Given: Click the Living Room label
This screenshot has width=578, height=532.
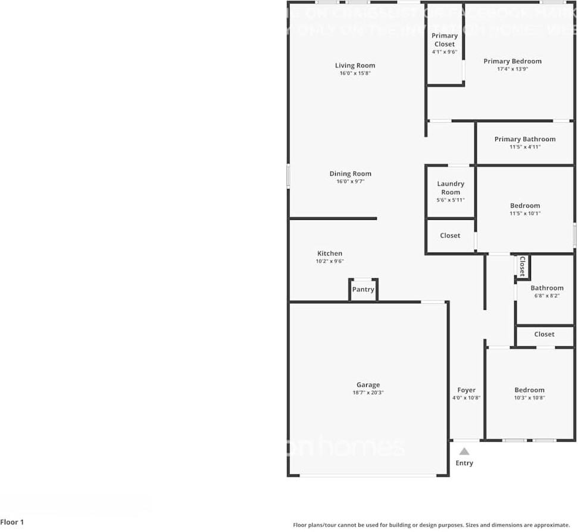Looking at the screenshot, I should pyautogui.click(x=355, y=66).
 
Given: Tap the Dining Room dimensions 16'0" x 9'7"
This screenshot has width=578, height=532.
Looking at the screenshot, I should pyautogui.click(x=350, y=182).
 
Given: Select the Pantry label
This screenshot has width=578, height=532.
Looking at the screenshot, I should pyautogui.click(x=363, y=290).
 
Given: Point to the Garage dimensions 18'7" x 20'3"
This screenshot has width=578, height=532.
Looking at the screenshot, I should pyautogui.click(x=368, y=393).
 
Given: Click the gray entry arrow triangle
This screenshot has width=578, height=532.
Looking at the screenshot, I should pyautogui.click(x=464, y=452).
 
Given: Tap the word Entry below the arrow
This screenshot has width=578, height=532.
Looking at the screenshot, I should pyautogui.click(x=464, y=463).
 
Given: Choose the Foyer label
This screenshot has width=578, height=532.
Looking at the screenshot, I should pyautogui.click(x=466, y=390).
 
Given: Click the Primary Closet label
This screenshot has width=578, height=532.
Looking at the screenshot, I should pyautogui.click(x=445, y=40).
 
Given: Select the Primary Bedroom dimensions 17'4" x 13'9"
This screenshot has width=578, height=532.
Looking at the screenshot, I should pyautogui.click(x=513, y=69).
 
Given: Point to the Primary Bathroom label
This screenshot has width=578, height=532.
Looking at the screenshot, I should pyautogui.click(x=524, y=139).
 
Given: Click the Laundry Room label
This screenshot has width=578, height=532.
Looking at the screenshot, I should pyautogui.click(x=451, y=188).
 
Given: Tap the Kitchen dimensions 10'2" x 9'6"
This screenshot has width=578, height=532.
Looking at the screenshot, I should pyautogui.click(x=330, y=261).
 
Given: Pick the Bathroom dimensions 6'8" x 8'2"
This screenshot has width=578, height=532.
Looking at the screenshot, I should pyautogui.click(x=546, y=295).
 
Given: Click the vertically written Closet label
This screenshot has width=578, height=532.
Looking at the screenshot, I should pyautogui.click(x=522, y=266).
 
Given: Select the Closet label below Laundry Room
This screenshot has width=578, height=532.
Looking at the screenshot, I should pyautogui.click(x=450, y=235).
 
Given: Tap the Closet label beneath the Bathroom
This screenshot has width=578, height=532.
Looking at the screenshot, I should pyautogui.click(x=544, y=334).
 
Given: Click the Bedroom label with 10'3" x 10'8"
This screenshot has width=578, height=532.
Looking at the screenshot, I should pyautogui.click(x=529, y=390).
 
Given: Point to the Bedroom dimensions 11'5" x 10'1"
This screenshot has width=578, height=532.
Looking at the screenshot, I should pyautogui.click(x=525, y=213).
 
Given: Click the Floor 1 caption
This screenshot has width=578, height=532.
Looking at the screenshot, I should pyautogui.click(x=12, y=522).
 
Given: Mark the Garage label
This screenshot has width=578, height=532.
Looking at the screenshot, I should pyautogui.click(x=368, y=385).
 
